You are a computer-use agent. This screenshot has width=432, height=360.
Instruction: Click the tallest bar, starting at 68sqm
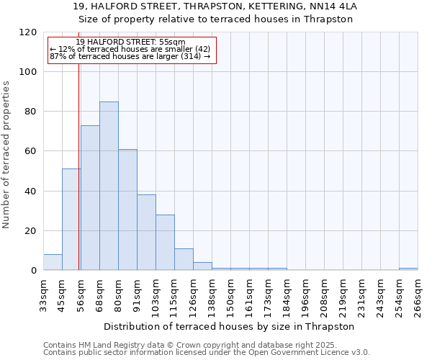pos(109,186)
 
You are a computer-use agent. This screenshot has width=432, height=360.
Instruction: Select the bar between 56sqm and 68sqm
pos(90,198)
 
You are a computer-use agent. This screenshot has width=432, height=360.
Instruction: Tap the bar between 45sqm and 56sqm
pos(71,220)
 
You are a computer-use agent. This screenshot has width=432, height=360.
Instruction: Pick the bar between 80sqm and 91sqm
pos(127,210)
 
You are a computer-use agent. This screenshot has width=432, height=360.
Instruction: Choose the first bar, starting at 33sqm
pos(53,262)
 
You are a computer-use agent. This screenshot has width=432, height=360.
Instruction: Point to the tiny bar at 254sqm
pos(408,269)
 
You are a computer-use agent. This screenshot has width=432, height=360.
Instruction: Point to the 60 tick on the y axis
pos(31,151)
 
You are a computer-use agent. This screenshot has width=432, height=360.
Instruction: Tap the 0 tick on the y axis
pos(34,271)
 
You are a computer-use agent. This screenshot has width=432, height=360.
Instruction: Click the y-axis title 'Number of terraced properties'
pos(7,154)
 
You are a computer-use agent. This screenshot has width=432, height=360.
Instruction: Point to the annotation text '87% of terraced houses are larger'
pos(130,56)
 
